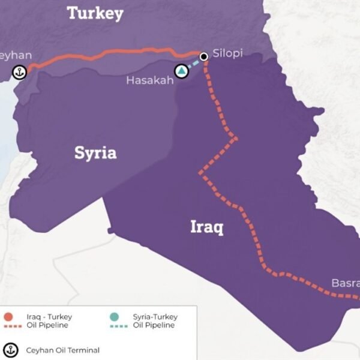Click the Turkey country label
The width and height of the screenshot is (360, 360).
point(95,13)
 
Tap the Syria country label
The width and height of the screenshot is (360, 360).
point(95,153)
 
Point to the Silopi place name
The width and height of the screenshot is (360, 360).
point(228,53)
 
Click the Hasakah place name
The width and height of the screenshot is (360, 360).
point(149,79)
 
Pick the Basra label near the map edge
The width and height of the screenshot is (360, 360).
point(345,283)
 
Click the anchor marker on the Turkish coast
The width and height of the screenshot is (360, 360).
point(19,73)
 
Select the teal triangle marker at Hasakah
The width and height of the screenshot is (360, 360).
point(181,71)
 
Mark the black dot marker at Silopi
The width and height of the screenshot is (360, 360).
point(204,56)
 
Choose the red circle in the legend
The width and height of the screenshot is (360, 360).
point(10,317)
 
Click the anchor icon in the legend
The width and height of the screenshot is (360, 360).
point(10,349)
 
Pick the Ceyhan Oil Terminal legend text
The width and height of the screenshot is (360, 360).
point(62,350)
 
